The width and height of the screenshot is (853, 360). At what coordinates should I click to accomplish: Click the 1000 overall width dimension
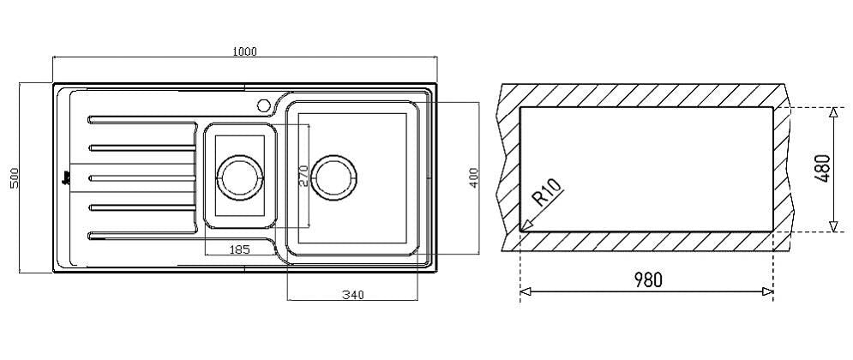click(244, 51)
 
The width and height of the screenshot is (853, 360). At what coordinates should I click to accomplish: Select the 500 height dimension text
click(15, 177)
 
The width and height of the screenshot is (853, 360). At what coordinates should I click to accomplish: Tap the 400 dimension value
click(473, 177)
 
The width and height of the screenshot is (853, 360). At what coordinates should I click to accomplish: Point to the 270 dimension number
click(303, 177)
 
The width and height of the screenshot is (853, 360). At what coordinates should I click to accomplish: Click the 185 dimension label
click(239, 249)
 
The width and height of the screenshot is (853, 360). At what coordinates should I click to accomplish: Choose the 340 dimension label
click(353, 296)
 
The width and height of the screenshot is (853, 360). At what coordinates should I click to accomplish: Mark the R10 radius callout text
click(547, 192)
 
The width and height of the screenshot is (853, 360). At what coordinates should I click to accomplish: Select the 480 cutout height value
click(822, 169)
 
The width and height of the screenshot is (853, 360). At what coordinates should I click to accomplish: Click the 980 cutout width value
click(648, 280)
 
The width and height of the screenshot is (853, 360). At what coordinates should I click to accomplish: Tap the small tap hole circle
click(265, 105)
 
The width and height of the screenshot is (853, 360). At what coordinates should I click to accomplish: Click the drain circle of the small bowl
click(240, 177)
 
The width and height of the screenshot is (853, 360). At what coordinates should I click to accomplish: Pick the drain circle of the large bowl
click(334, 177)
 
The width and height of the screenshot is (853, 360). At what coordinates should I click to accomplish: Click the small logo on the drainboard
click(67, 177)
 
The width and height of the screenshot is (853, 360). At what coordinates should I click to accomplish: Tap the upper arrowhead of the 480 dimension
click(833, 113)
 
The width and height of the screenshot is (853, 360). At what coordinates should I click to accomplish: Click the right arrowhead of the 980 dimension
click(767, 292)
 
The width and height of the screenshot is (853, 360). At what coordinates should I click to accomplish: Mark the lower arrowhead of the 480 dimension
click(833, 225)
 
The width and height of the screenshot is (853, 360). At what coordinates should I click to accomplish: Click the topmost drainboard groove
click(142, 120)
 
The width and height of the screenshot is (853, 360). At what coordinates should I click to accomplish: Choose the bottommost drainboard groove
click(142, 236)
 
